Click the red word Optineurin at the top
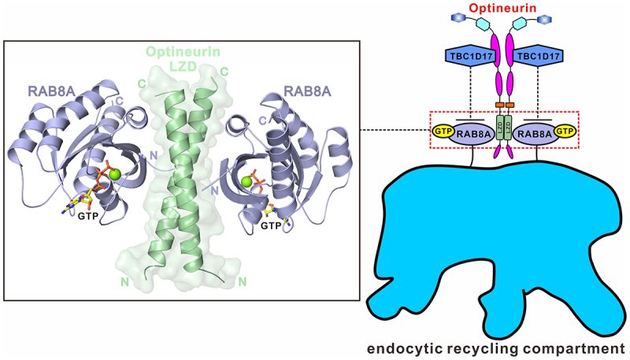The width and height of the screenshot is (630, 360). coord(505,9)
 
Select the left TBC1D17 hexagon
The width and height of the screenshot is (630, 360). coord(462,57)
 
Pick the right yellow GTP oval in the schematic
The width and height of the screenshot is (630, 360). coord(564,132)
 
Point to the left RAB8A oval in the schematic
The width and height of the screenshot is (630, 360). coord(472,132)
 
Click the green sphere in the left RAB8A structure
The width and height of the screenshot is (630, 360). coord(115,173)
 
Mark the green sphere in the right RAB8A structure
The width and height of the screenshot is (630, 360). coord(246,183)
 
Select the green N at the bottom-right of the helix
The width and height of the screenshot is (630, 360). coord(243,280)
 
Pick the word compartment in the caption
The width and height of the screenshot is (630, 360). coord(578,347)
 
